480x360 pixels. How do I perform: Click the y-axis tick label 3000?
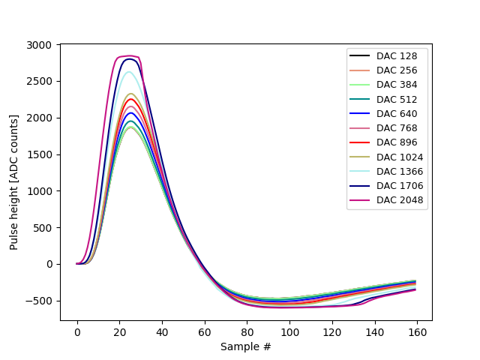39,45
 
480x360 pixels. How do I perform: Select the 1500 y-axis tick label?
39,154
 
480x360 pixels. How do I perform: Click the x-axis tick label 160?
417,331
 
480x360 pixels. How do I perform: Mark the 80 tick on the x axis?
247,331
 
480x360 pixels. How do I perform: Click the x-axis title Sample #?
246,346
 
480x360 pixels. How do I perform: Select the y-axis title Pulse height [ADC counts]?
14,182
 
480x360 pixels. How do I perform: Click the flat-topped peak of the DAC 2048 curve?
128,56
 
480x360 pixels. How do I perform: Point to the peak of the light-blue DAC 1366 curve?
129,72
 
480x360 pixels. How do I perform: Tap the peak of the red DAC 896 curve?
130,99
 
